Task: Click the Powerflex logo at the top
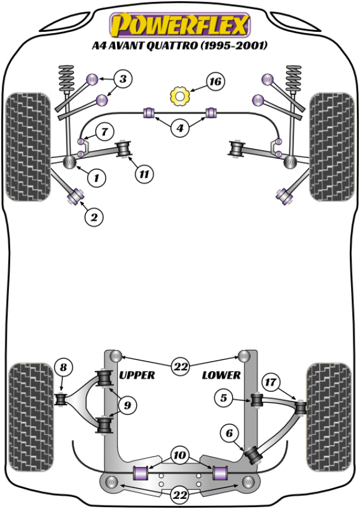coord(179,25)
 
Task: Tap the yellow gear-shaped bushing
coord(179,95)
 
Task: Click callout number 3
coord(122,79)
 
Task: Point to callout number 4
coord(179,127)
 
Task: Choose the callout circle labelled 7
coord(103,131)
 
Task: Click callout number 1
coord(95,177)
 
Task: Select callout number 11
coord(143,175)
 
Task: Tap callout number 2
coord(93,217)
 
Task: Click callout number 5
coord(224,397)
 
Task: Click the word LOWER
coord(221,375)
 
